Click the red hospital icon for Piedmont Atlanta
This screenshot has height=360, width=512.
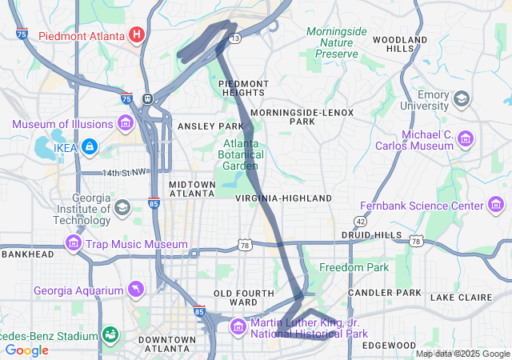[137, 35]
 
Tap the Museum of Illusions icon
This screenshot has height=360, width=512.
[125, 123]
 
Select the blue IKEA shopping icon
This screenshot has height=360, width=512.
[90, 146]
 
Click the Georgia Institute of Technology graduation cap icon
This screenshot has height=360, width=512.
[122, 209]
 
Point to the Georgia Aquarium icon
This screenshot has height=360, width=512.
[137, 288]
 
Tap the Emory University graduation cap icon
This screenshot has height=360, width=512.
[461, 99]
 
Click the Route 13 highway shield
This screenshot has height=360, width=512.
[234, 38]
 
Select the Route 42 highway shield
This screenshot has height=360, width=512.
[362, 221]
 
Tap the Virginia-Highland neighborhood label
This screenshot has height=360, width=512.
[283, 198]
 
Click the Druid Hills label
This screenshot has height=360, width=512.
[371, 235]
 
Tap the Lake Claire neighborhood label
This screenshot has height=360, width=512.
[462, 297]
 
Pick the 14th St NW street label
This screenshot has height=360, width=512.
[124, 173]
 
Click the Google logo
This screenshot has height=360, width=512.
[26, 350]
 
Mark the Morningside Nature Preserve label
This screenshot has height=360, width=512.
[336, 42]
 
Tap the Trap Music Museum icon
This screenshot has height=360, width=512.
[74, 244]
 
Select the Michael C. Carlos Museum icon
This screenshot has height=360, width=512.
[466, 140]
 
